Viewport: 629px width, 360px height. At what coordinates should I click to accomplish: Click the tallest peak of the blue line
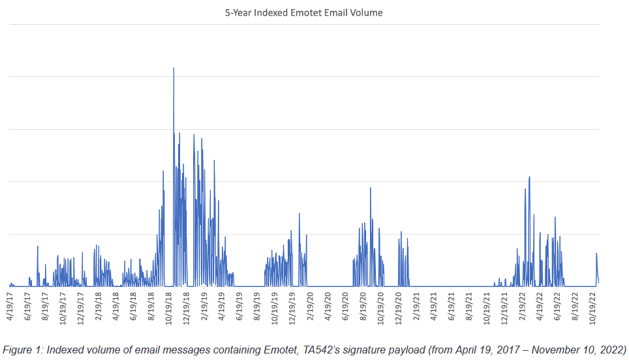(x=174, y=68)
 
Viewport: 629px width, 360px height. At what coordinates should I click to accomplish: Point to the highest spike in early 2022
(x=529, y=177)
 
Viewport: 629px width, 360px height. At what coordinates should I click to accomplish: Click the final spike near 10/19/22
(x=596, y=254)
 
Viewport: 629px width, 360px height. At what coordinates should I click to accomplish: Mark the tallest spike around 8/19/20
(x=371, y=188)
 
